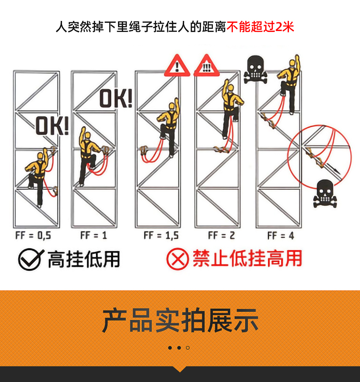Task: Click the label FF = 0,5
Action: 33,235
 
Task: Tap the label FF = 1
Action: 94,235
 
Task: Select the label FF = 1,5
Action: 161,235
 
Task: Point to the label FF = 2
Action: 221,235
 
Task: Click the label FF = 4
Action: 281,236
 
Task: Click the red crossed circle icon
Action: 178,259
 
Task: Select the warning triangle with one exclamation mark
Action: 177,65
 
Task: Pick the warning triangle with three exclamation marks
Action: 206,65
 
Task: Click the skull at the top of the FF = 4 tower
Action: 255,69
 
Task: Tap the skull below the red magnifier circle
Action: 325,194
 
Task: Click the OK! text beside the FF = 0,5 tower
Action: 52,126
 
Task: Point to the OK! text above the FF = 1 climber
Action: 116,98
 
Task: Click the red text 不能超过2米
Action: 260,27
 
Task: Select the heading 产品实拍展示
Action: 180,320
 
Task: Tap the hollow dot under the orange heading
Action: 188,348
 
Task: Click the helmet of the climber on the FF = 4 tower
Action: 292,63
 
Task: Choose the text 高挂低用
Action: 84,259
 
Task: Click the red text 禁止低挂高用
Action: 247,258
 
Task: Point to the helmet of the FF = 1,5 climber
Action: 172,107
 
